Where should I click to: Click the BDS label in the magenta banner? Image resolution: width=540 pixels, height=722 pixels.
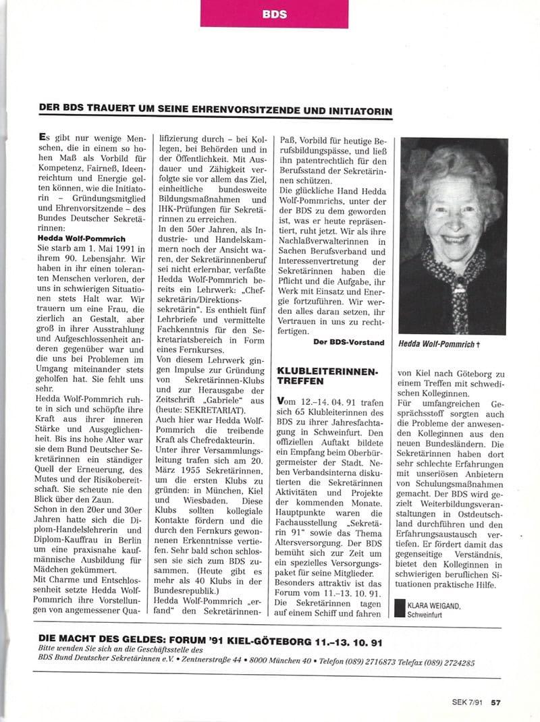[x=273, y=13]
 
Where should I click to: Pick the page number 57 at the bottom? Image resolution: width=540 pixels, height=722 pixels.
[x=495, y=702]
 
